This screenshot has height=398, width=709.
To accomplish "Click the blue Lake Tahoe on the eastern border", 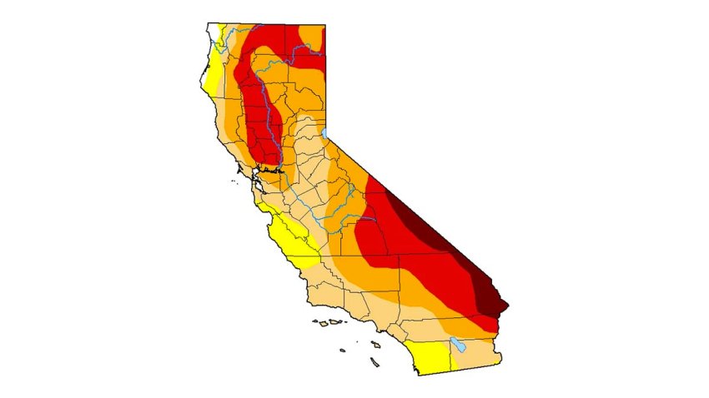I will pos(324,132).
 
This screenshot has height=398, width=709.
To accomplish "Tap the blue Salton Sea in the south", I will pos(456,343).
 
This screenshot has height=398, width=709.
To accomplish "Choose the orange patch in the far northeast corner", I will pos(313,36).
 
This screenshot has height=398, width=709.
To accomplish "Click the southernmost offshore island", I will pos(375,363).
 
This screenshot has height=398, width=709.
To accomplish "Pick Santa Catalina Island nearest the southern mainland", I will pos(376,344).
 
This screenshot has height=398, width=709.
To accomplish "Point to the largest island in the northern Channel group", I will pos(334,322).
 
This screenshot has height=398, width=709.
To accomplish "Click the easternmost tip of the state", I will pos(508,306).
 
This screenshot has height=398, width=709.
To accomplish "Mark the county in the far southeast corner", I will pos(475,354).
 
